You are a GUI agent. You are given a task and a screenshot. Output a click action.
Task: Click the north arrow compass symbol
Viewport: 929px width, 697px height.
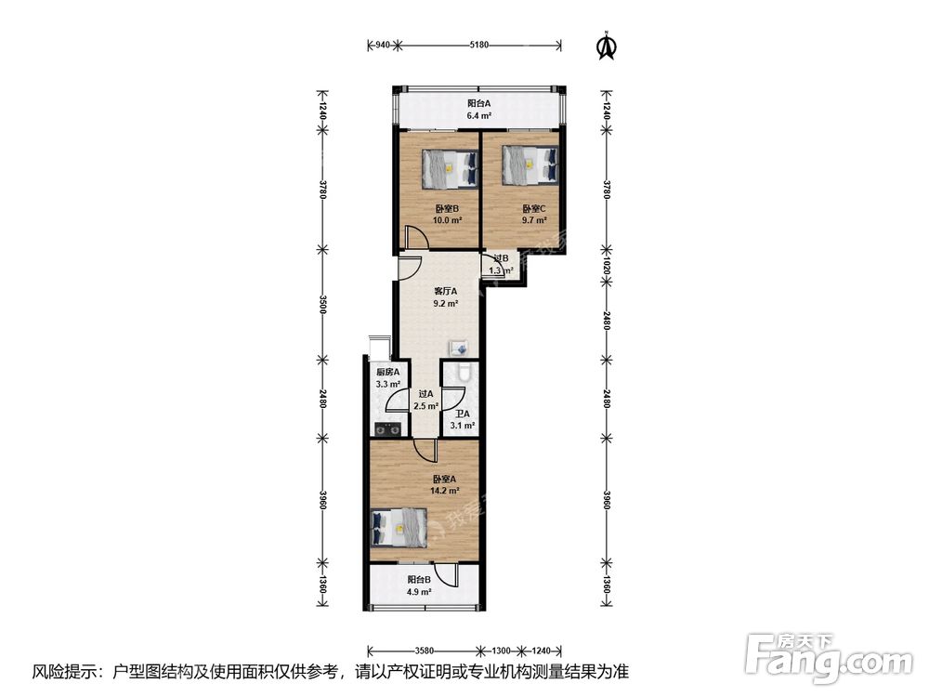[606, 46]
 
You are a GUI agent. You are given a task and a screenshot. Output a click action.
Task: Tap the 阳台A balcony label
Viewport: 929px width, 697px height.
[478, 103]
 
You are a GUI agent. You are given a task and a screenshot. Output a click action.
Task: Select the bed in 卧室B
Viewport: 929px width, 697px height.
[450, 169]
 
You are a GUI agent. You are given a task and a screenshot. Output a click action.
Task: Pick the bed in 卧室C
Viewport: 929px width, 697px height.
[530, 164]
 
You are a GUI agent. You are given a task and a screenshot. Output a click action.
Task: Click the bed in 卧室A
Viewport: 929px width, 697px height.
[399, 528]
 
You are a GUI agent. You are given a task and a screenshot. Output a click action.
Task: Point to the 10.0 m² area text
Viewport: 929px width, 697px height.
[447, 220]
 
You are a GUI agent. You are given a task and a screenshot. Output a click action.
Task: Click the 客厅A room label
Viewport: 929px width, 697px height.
[446, 292]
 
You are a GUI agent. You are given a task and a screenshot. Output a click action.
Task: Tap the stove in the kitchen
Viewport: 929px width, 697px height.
[387, 428]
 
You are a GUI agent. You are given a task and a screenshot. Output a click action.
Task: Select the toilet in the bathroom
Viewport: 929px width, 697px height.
[464, 372]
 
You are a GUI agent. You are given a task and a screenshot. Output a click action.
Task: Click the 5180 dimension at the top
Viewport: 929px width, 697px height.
[478, 45]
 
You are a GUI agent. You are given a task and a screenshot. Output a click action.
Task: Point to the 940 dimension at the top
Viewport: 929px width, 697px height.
[383, 45]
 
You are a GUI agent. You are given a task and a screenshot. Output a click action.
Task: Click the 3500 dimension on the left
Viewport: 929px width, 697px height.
[322, 304]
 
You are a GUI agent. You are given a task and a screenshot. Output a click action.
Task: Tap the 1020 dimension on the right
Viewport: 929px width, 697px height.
[607, 264]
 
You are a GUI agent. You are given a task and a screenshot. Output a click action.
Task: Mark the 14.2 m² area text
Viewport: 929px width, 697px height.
[445, 491]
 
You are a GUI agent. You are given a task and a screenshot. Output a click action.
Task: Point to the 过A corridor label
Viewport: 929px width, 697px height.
[426, 394]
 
